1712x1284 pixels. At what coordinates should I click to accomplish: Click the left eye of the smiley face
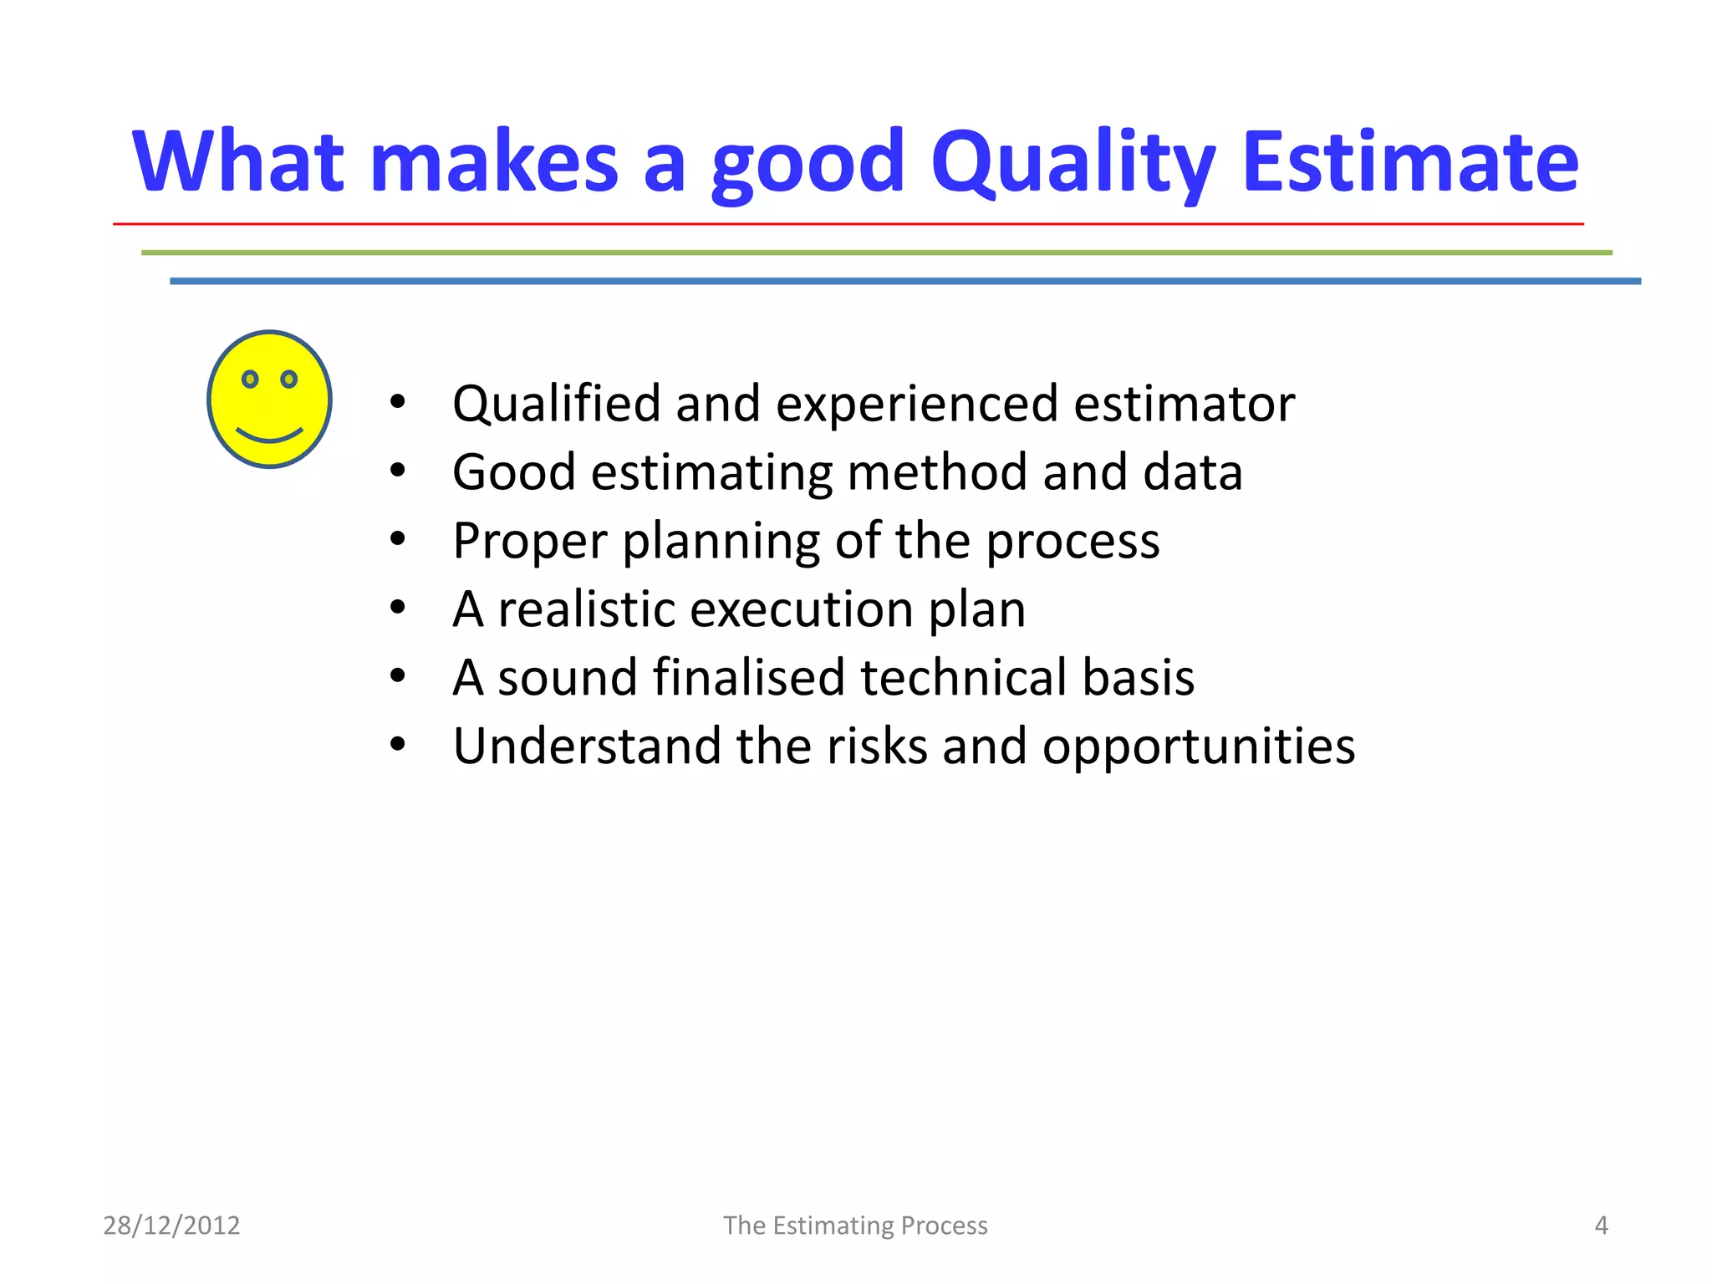(249, 380)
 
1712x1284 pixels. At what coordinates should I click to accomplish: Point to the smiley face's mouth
(269, 436)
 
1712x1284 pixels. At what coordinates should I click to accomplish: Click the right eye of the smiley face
(289, 380)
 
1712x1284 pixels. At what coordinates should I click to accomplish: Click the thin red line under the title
(848, 224)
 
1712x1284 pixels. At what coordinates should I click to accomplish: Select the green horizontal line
(876, 252)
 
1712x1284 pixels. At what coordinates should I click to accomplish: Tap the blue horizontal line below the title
(904, 281)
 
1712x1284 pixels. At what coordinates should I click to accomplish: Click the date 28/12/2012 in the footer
(171, 1225)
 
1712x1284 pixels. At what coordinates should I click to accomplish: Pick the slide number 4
(1601, 1225)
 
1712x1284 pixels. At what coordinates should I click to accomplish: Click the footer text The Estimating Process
(855, 1225)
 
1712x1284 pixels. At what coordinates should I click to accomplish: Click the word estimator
(1184, 405)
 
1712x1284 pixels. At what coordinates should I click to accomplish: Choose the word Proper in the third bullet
(529, 542)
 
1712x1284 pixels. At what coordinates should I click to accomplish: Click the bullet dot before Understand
(398, 743)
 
